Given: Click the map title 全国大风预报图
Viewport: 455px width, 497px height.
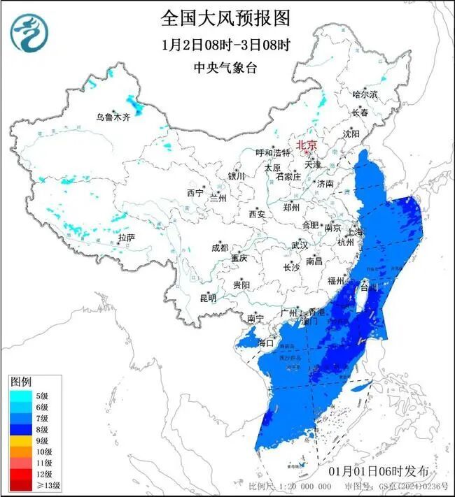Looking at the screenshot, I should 225,17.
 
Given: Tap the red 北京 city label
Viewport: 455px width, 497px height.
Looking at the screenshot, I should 307,145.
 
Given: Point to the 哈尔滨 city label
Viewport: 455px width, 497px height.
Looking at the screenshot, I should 365,94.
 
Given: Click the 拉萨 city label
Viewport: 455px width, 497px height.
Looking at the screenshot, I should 126,238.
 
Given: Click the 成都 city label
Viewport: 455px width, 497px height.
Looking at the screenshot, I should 220,247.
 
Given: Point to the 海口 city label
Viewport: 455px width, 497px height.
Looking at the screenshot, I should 266,343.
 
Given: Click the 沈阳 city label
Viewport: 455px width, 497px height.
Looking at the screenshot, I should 351,133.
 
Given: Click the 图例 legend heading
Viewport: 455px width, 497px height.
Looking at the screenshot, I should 20,382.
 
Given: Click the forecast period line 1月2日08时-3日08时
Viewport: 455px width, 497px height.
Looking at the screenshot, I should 225,45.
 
